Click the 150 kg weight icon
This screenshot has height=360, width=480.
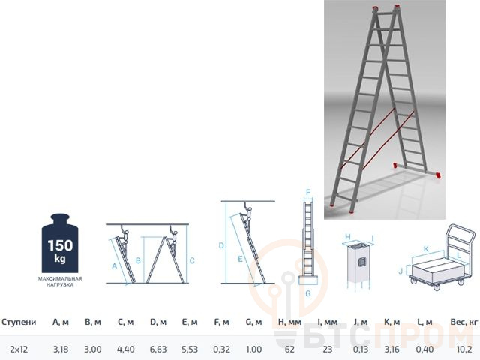(x=60, y=243)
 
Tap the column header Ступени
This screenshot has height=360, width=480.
(x=19, y=322)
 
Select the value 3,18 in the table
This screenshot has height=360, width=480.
(x=61, y=349)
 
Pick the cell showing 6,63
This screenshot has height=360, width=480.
(x=158, y=349)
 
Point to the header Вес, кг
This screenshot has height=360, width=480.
(x=464, y=322)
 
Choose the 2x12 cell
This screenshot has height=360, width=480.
(x=19, y=349)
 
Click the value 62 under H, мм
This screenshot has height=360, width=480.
(x=289, y=349)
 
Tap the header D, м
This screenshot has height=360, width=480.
(x=158, y=322)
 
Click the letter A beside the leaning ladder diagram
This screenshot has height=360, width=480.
(x=114, y=266)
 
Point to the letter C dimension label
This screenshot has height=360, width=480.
(x=192, y=260)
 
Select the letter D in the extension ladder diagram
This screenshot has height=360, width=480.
(x=221, y=245)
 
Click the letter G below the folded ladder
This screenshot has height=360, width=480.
(x=308, y=293)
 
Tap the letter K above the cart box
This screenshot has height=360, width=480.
(x=426, y=249)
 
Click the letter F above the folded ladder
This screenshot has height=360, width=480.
(x=308, y=193)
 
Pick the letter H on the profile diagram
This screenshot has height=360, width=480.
(x=348, y=237)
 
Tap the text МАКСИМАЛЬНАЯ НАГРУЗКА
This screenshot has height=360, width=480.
(x=60, y=282)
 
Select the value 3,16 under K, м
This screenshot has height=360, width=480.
(x=391, y=349)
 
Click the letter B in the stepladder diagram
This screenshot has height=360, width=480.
(x=138, y=260)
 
